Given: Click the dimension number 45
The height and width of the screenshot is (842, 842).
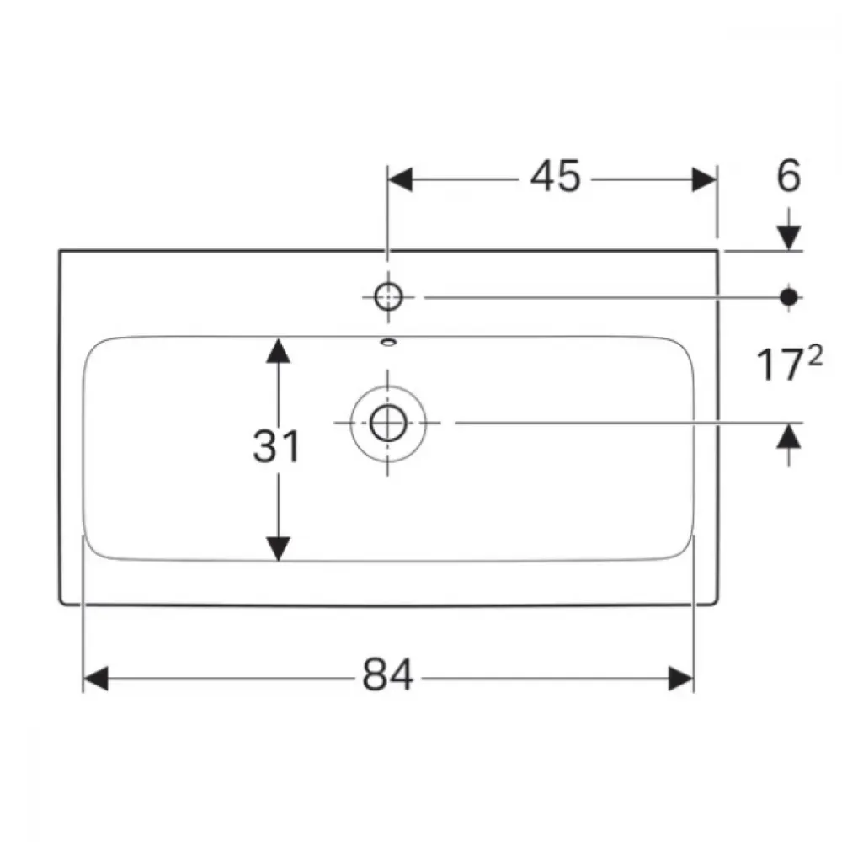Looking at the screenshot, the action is (555, 176).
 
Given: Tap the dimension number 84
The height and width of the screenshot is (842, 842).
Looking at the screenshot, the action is (387, 674).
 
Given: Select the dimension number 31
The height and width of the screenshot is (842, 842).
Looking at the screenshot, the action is (276, 445).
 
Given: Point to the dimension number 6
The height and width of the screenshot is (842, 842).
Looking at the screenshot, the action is (788, 176).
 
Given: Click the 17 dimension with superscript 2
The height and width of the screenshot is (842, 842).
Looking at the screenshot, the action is (789, 364).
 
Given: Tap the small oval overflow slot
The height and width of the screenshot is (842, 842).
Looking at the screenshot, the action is (388, 342).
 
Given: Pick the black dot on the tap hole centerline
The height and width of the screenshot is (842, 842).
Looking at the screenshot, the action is (789, 297).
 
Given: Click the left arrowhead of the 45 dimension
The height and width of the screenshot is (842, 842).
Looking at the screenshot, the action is (399, 179).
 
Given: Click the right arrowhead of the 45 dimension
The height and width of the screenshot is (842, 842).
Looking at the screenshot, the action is (704, 179).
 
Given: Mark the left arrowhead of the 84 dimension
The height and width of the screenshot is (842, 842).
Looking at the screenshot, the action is (96, 679).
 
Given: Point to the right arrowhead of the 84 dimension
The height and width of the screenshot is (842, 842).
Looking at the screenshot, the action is (681, 679).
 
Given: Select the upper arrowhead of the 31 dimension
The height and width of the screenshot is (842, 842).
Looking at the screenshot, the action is (278, 350).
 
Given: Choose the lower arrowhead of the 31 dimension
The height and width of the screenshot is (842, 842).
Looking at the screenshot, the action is (278, 549).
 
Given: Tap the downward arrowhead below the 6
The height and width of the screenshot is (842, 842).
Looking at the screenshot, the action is (789, 238).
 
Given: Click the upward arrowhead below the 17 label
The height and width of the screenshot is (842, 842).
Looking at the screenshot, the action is (789, 436).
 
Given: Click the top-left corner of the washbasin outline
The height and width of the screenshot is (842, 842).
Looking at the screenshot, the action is (60, 251).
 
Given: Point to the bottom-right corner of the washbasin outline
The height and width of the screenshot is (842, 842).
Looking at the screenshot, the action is (716, 604).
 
